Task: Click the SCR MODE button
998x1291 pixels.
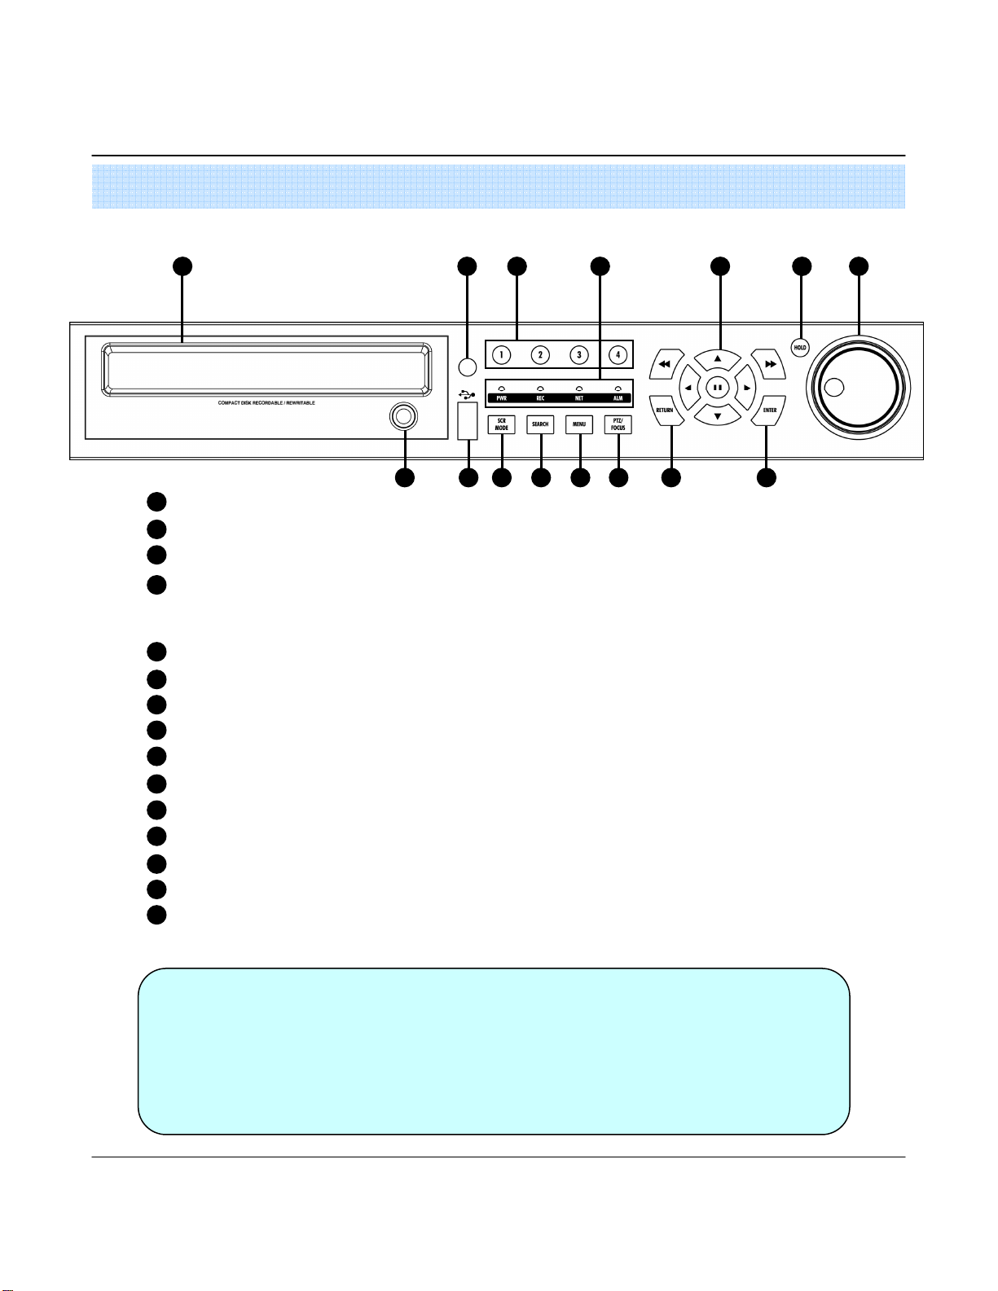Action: pos(502,424)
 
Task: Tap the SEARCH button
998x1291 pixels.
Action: pos(540,424)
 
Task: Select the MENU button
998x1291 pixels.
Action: pos(579,424)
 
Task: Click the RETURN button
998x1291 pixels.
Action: pos(665,410)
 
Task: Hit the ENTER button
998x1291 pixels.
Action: pos(769,410)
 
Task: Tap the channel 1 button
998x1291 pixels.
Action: pos(502,355)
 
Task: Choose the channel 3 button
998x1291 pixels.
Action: pos(578,355)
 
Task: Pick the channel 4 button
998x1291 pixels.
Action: pos(618,355)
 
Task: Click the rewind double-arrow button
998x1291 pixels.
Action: pos(664,365)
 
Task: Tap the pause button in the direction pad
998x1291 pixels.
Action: pos(717,388)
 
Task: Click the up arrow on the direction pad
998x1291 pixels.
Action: pos(717,358)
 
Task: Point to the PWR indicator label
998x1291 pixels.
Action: pos(502,398)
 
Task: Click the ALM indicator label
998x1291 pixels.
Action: pos(618,398)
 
